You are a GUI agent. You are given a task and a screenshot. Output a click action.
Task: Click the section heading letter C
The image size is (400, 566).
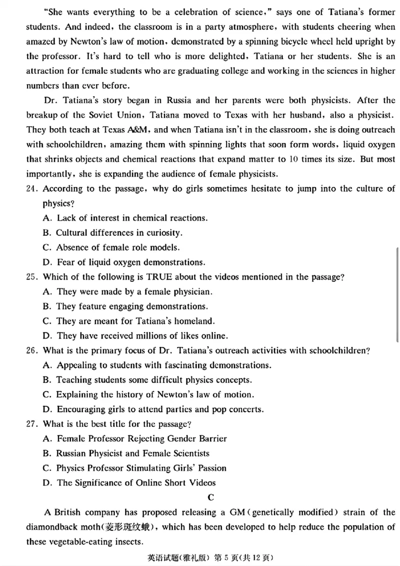coord(210,497)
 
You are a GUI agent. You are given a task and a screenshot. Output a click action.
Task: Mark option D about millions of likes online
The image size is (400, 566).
coord(135,336)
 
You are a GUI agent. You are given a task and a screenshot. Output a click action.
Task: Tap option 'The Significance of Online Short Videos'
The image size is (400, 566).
coord(136,483)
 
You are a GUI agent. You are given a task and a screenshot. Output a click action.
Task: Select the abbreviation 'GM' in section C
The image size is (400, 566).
coord(237,512)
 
